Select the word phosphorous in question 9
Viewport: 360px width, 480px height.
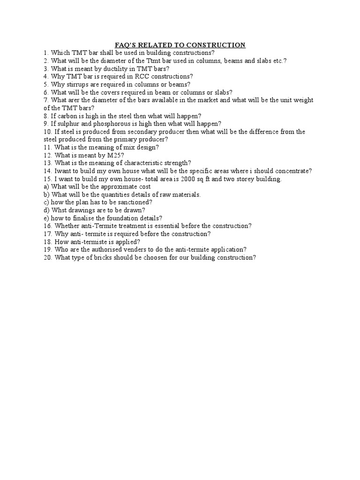point(111,124)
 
